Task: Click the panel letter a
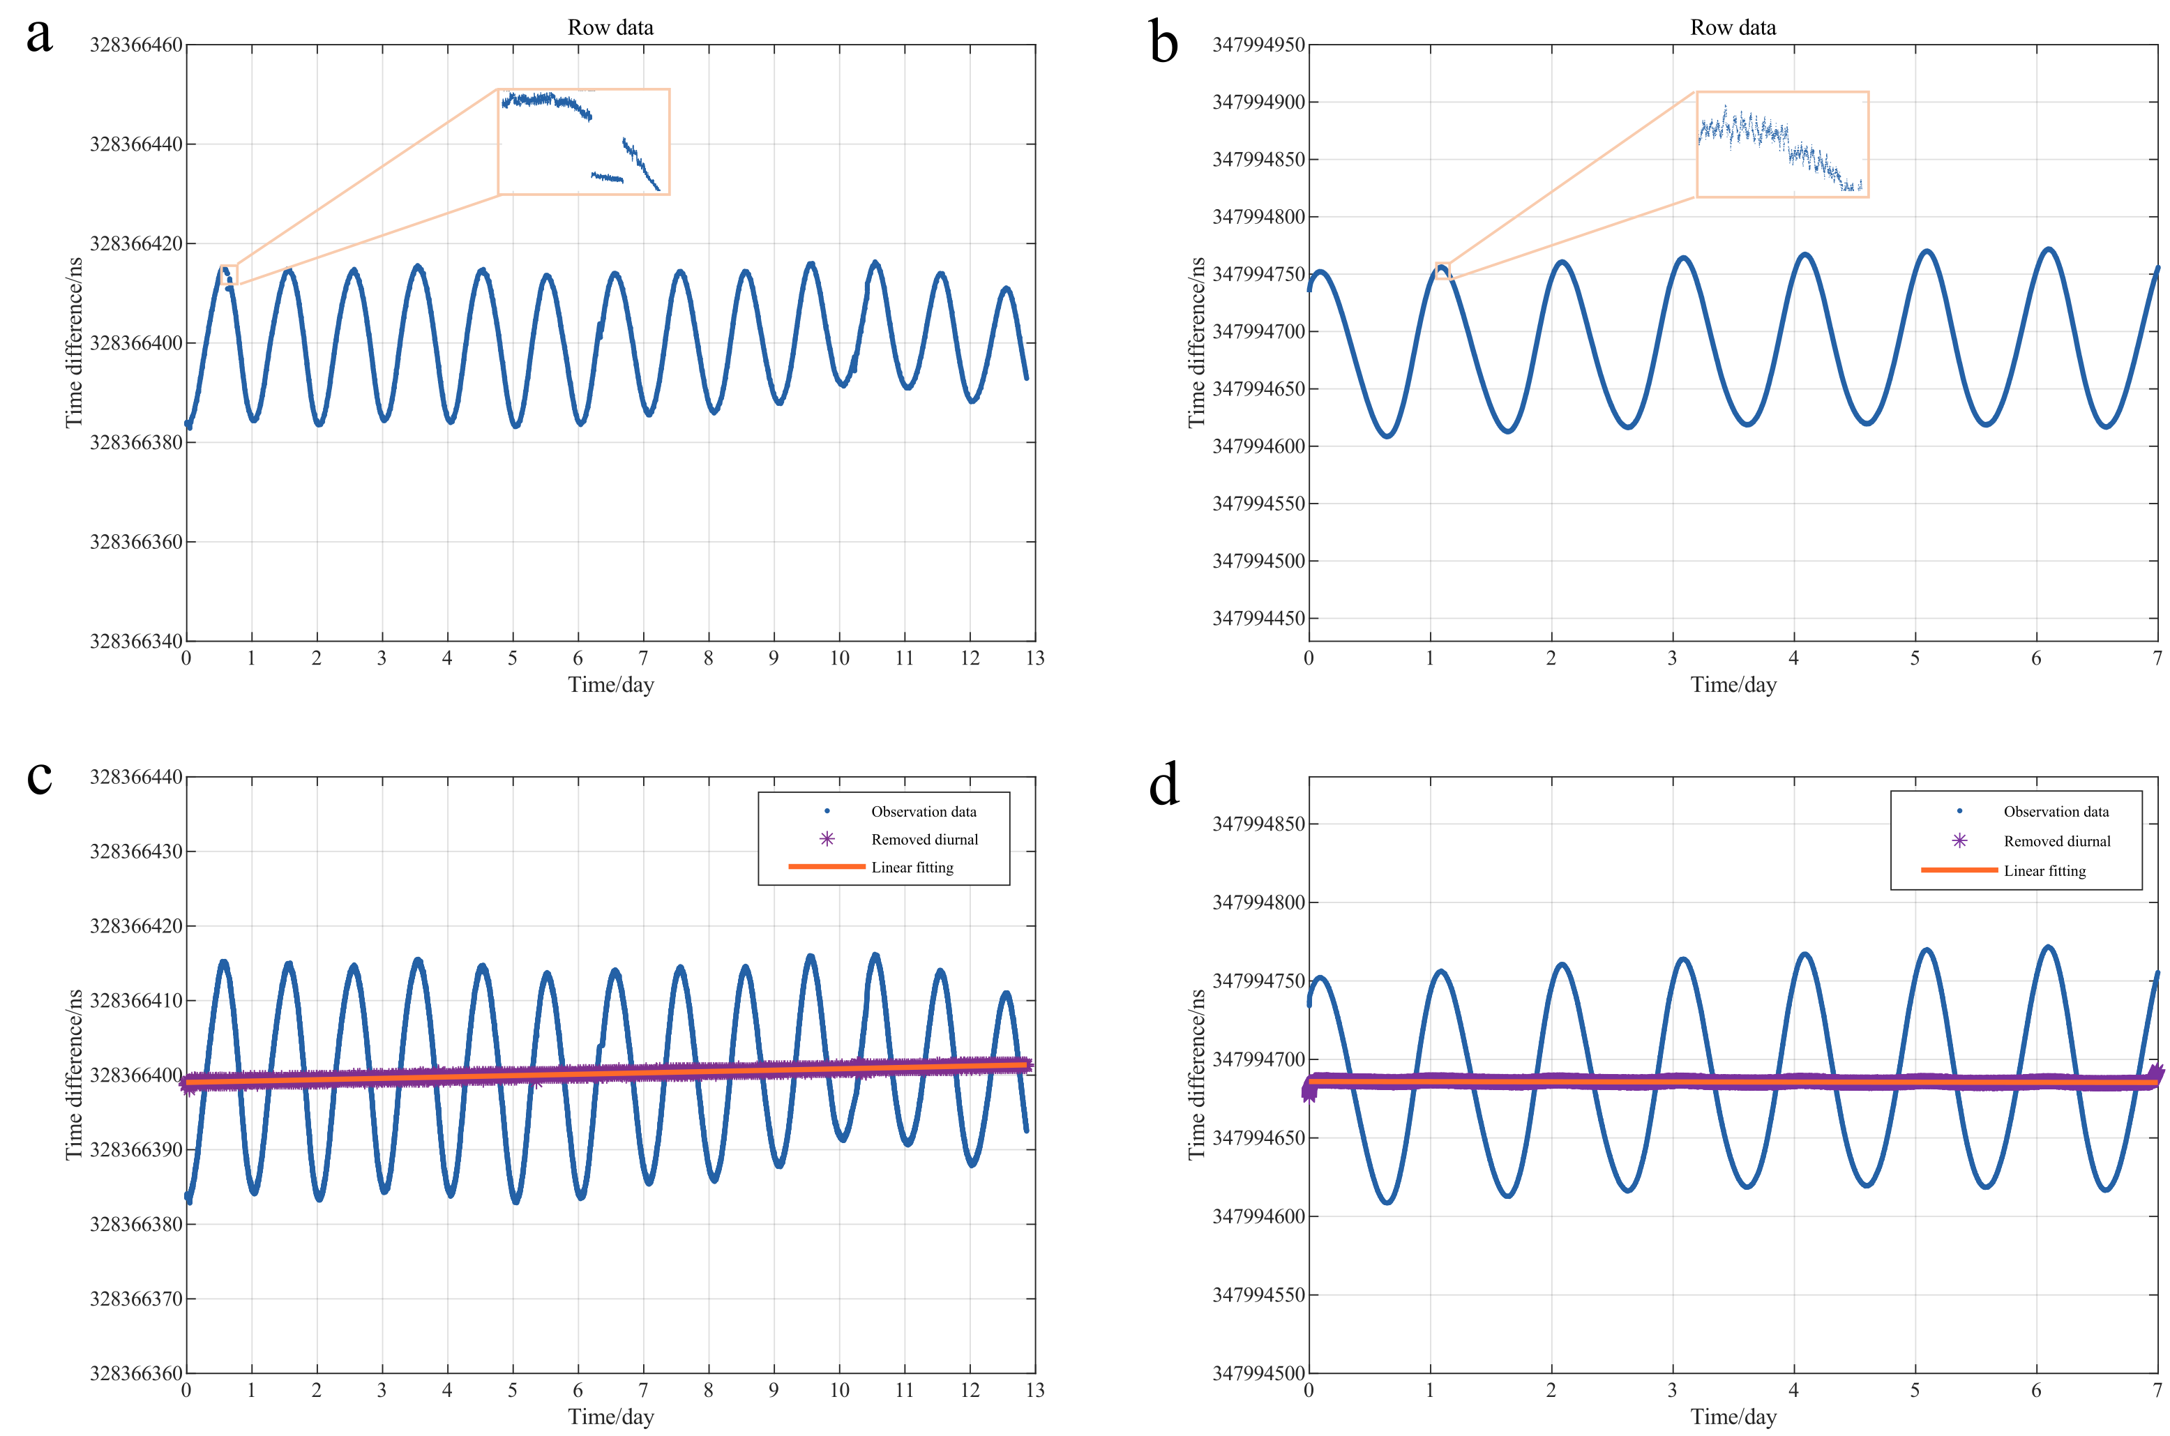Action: click(39, 37)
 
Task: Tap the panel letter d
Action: click(1163, 786)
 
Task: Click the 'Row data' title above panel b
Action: click(1732, 27)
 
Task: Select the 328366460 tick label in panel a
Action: click(135, 45)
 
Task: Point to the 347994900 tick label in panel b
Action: click(1258, 103)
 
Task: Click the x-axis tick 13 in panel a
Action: click(1035, 658)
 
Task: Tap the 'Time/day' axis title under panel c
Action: click(610, 1416)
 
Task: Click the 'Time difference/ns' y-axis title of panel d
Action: click(1196, 1074)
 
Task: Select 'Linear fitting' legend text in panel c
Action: click(912, 868)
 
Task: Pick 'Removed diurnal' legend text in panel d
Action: click(2056, 840)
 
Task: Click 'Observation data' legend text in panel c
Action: click(924, 811)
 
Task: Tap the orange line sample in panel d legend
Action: click(1959, 870)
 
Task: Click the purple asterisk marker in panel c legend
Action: click(827, 839)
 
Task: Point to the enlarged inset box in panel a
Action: click(584, 142)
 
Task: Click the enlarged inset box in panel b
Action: click(1781, 144)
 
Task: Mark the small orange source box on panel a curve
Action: click(228, 275)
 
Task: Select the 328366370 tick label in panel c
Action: click(135, 1299)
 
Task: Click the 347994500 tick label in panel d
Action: click(1258, 1373)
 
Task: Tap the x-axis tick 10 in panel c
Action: click(839, 1390)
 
